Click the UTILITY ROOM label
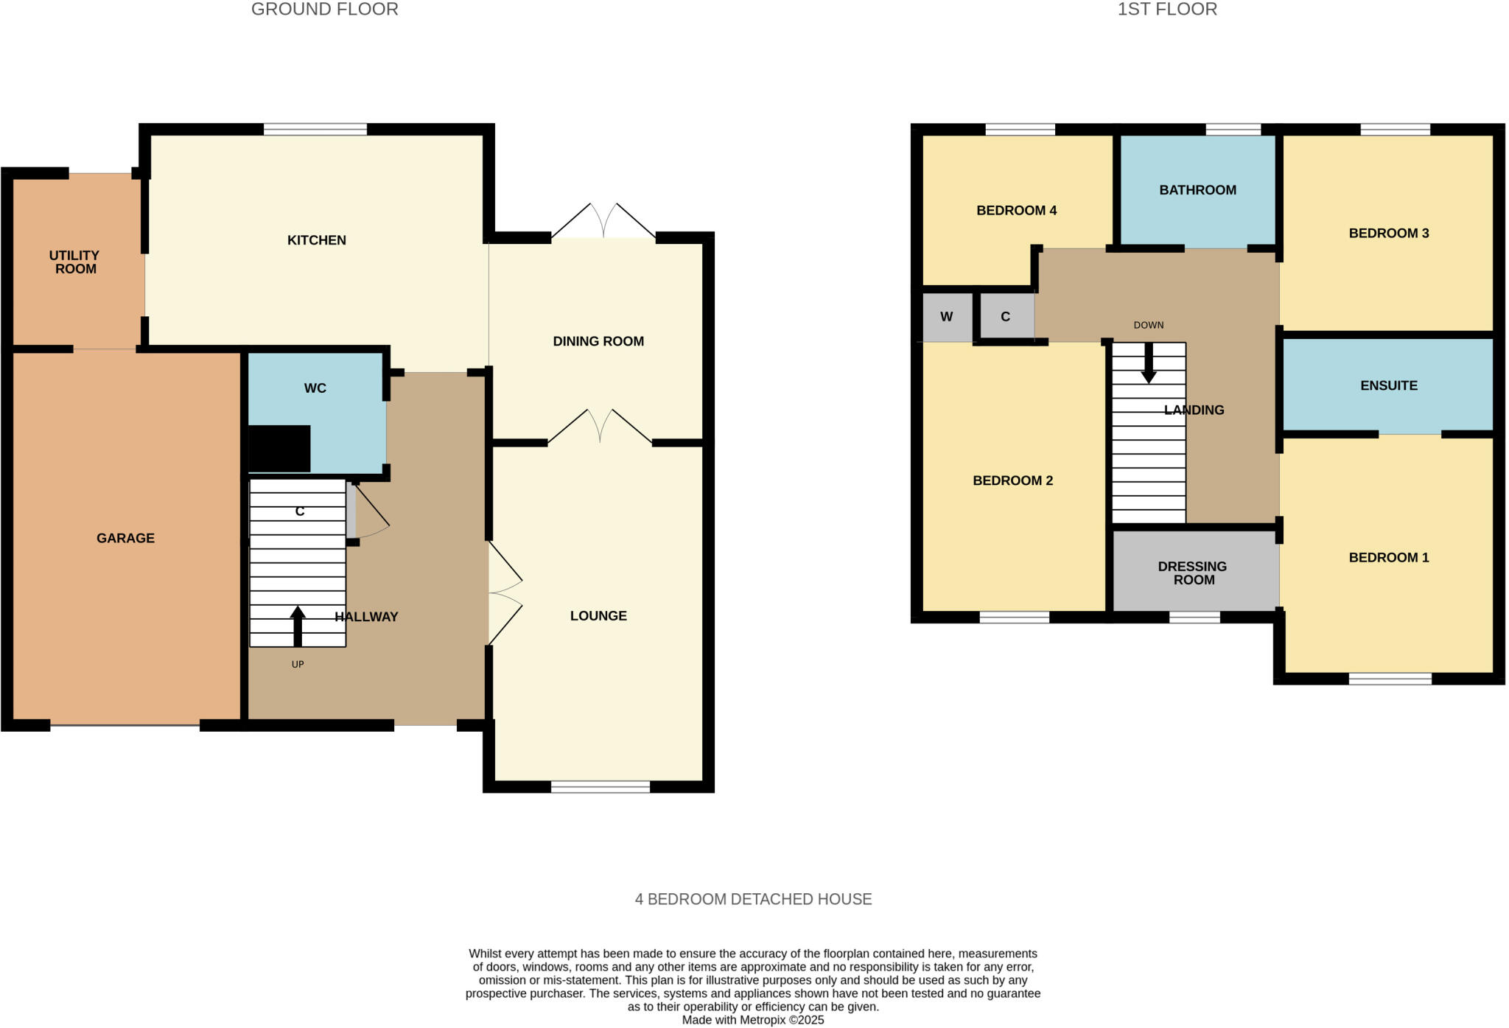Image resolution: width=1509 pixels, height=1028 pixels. (74, 262)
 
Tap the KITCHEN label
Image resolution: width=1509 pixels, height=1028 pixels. (316, 240)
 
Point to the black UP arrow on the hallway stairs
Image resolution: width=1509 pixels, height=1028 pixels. (298, 626)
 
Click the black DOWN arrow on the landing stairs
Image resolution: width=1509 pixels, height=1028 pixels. (1148, 363)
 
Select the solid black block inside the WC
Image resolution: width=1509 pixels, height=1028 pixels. (279, 448)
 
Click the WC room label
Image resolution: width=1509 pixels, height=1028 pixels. (315, 388)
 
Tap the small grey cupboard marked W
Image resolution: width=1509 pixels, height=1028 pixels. (947, 317)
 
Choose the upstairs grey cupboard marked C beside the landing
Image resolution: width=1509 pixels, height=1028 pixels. (1006, 317)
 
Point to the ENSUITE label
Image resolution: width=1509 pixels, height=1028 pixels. (1388, 385)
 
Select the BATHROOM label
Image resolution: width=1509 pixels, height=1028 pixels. (1197, 190)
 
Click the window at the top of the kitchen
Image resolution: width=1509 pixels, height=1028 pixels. (315, 130)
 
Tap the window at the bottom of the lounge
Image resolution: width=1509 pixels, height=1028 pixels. (600, 786)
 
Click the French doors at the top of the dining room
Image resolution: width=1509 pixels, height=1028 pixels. (603, 220)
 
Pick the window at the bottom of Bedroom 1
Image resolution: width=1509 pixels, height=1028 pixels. (1390, 679)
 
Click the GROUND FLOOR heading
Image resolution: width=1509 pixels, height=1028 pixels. (324, 10)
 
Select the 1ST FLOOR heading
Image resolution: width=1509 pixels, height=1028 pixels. (1167, 10)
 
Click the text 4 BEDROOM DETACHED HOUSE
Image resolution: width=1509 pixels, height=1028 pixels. (753, 899)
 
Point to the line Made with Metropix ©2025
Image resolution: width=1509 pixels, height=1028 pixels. (752, 1020)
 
